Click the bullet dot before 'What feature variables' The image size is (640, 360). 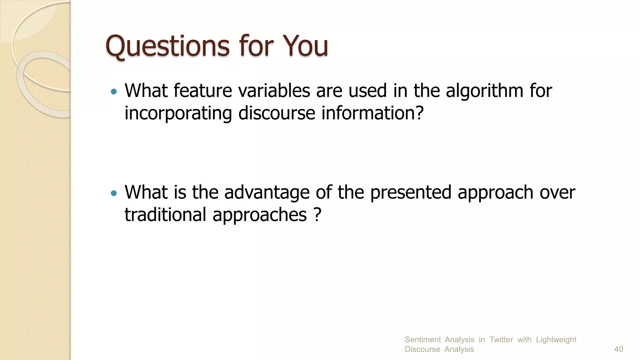[x=114, y=92]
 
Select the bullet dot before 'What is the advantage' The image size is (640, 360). [x=114, y=193]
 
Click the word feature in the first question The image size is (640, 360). [x=202, y=91]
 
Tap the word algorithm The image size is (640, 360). [x=484, y=91]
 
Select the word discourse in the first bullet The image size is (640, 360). [x=277, y=113]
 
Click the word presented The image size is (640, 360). [x=411, y=193]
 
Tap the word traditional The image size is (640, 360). [x=165, y=215]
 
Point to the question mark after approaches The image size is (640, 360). [x=317, y=215]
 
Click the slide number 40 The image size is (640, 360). [x=618, y=349]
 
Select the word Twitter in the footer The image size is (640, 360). [x=501, y=340]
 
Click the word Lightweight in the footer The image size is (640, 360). [x=556, y=340]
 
